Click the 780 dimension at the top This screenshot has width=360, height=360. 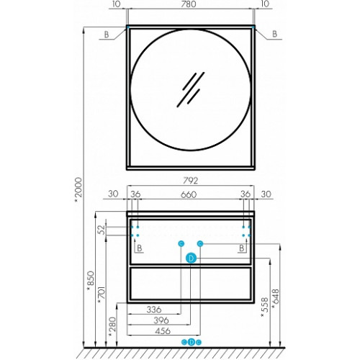pos(189,4)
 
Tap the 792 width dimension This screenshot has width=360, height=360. pos(190,181)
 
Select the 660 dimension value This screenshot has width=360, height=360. pos(189,194)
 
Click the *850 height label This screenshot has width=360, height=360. pos(91,281)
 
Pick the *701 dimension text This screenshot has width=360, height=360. pos(102,294)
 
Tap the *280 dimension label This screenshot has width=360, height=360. pos(112,327)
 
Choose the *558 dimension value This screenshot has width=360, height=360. pos(264,307)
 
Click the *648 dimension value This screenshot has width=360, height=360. pos(276,299)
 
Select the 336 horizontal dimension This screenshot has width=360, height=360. pos(154,310)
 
